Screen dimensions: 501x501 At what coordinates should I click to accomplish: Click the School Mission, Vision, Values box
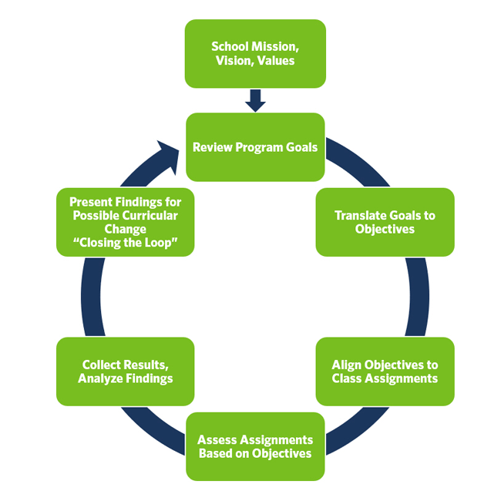(255, 53)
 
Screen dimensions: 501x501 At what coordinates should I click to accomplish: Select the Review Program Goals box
(255, 146)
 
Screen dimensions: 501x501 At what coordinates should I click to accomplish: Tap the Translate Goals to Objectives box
(385, 222)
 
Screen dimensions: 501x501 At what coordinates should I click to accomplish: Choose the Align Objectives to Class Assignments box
(385, 372)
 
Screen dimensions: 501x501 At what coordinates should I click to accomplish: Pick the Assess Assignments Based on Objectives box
(255, 446)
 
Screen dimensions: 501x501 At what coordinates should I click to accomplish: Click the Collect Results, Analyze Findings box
(125, 372)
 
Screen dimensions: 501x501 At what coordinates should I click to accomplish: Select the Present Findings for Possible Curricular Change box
(125, 222)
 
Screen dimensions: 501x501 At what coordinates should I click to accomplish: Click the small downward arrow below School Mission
(255, 100)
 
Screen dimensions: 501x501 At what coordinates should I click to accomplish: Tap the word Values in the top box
(276, 60)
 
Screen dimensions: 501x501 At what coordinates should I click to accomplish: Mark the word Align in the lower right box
(347, 365)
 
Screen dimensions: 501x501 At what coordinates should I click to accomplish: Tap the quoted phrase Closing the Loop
(125, 243)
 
